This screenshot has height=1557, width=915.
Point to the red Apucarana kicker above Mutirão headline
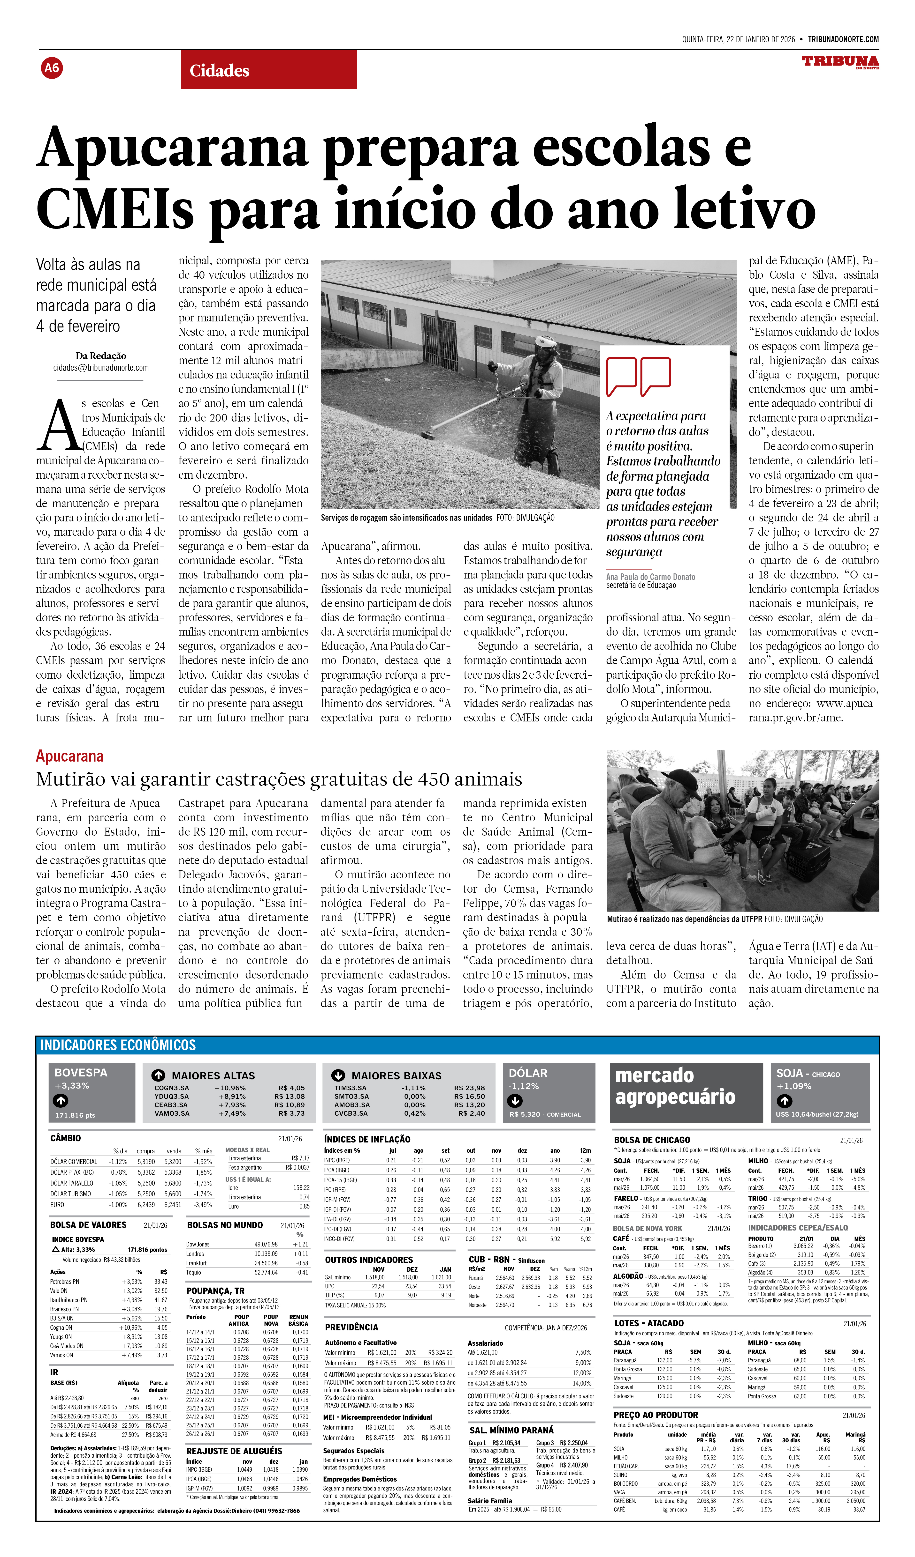point(70,756)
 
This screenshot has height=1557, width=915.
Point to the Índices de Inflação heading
point(367,1139)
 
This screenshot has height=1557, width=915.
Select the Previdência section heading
point(351,1327)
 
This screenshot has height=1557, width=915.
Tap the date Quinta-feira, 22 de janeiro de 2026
point(738,40)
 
